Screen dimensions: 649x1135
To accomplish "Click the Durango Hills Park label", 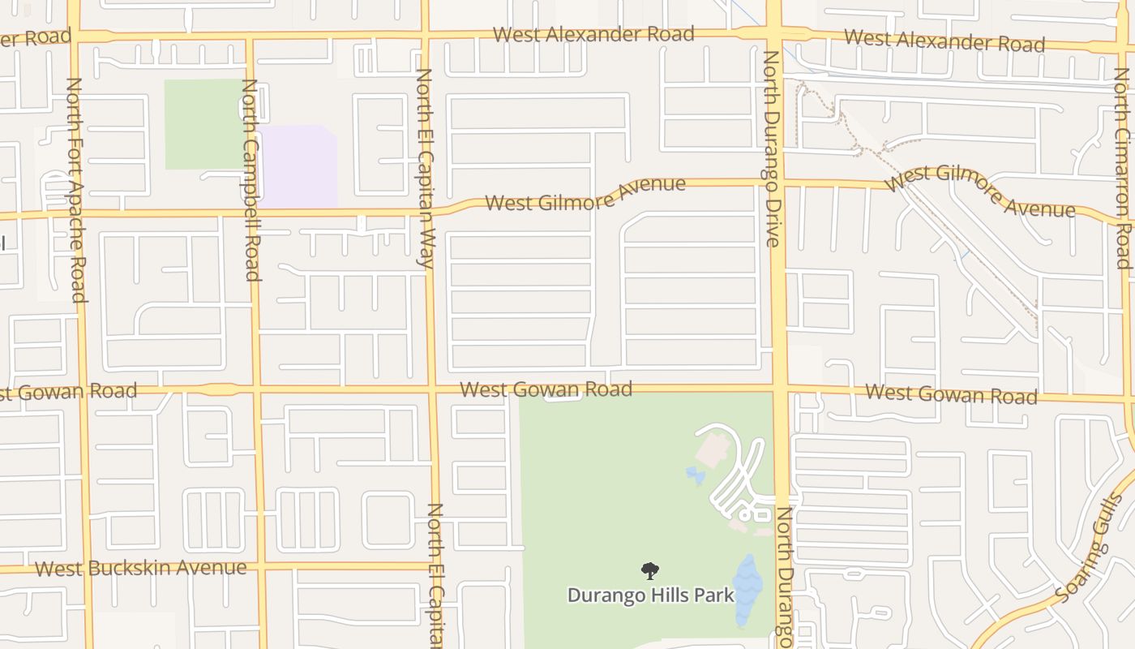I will [x=650, y=595].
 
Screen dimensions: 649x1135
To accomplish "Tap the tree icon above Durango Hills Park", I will [x=650, y=571].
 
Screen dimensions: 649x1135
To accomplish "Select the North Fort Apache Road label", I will [x=75, y=190].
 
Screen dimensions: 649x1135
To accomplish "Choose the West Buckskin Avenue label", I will [x=140, y=567].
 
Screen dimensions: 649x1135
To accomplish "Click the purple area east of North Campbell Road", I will [x=298, y=166].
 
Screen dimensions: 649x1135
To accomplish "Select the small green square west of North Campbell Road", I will [x=205, y=124].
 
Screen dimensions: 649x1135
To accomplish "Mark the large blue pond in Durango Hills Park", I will [x=747, y=590].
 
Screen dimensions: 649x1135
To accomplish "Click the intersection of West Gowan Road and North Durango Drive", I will [x=778, y=389].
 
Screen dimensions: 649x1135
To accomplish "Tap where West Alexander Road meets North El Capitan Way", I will [x=425, y=35].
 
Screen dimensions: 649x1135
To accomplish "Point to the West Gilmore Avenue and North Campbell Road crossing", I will [x=252, y=214].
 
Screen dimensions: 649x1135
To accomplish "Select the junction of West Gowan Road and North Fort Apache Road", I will [x=81, y=390].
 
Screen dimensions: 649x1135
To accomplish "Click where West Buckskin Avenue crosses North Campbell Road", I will [x=259, y=566].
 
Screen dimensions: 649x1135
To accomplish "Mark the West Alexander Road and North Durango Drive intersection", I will [x=773, y=35].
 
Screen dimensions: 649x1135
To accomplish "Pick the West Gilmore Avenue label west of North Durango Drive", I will [x=585, y=195].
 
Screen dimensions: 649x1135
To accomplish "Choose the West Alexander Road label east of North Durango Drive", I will [x=944, y=40].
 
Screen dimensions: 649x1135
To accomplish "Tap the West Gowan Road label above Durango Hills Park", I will [x=546, y=389].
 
